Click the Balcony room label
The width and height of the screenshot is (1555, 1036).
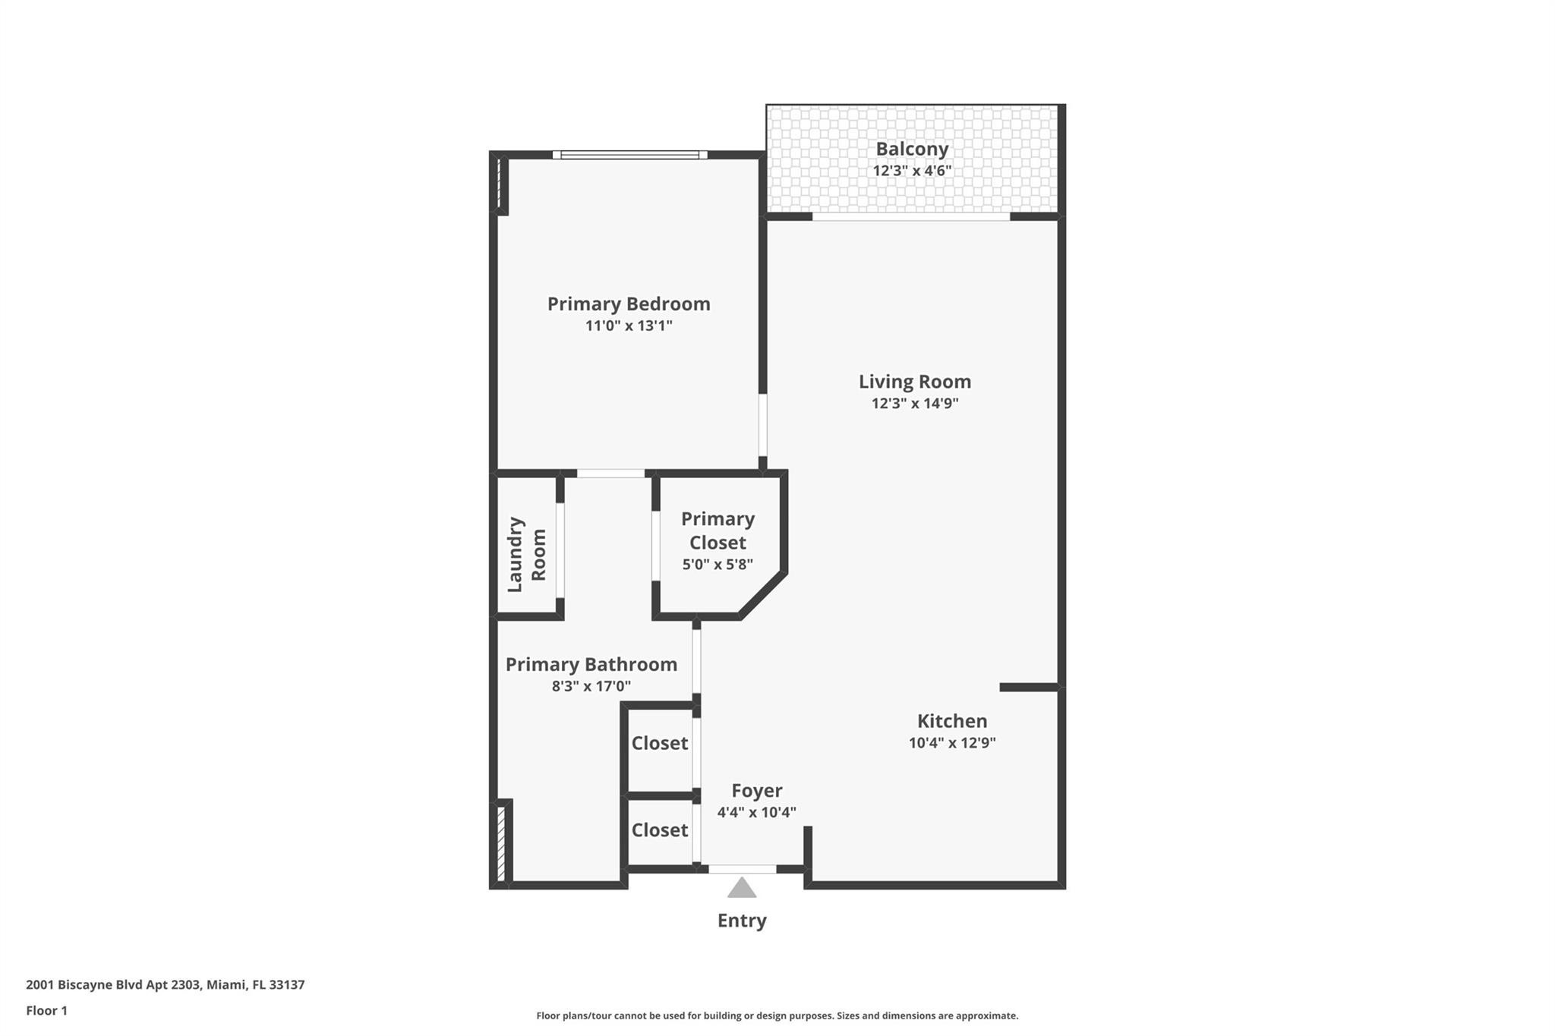912,149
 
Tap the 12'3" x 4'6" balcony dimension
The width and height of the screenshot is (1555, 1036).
912,171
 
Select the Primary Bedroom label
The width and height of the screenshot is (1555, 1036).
629,304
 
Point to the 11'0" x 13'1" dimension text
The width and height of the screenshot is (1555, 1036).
629,326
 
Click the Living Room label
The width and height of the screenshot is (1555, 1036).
915,381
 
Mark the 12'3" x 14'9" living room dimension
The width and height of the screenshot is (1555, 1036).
915,404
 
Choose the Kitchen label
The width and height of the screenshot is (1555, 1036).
952,721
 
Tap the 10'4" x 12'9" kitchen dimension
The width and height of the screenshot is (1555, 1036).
952,743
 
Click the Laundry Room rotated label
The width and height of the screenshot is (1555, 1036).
526,554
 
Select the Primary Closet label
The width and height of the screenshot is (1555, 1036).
718,531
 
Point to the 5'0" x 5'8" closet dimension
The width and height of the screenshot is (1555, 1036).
718,565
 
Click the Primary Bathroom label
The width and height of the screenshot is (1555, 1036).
591,664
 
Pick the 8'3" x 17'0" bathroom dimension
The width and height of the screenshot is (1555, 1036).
591,687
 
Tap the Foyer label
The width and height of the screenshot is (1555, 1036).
757,791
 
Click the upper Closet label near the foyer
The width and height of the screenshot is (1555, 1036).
660,743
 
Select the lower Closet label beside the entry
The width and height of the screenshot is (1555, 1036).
660,830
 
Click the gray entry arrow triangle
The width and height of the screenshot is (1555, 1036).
742,889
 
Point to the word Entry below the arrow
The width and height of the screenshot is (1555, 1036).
742,921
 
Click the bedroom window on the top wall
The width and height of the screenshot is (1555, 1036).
629,155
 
